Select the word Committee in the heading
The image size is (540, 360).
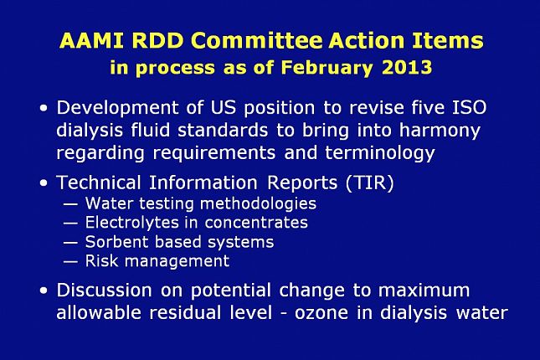[x=261, y=41]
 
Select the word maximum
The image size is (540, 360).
[x=424, y=291]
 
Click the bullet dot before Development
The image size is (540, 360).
[x=44, y=110]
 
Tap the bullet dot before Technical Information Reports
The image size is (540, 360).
[x=44, y=183]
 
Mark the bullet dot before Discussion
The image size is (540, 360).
[x=44, y=291]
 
